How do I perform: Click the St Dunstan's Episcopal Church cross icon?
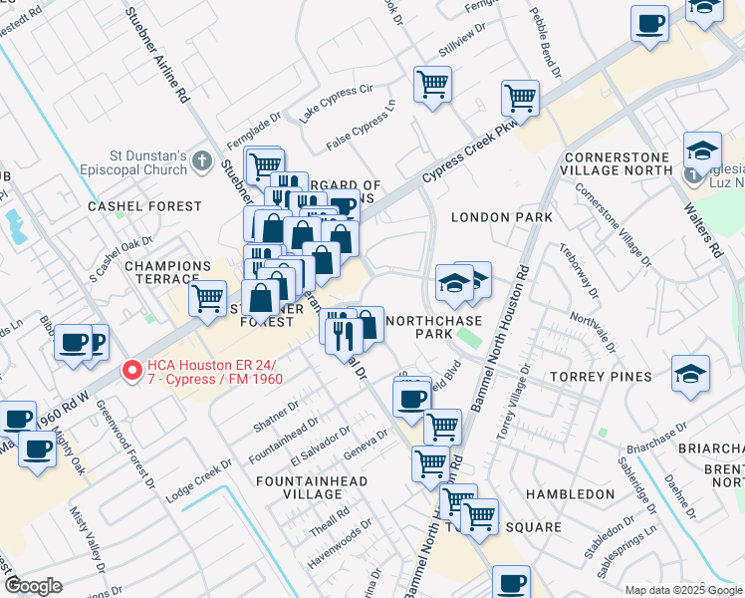point(202,160)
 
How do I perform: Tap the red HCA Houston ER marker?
point(130,371)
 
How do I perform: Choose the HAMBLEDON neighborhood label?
point(570,494)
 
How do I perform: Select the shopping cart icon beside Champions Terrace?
point(208,297)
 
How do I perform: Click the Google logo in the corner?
point(33,586)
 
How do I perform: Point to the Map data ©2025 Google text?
point(682,590)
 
